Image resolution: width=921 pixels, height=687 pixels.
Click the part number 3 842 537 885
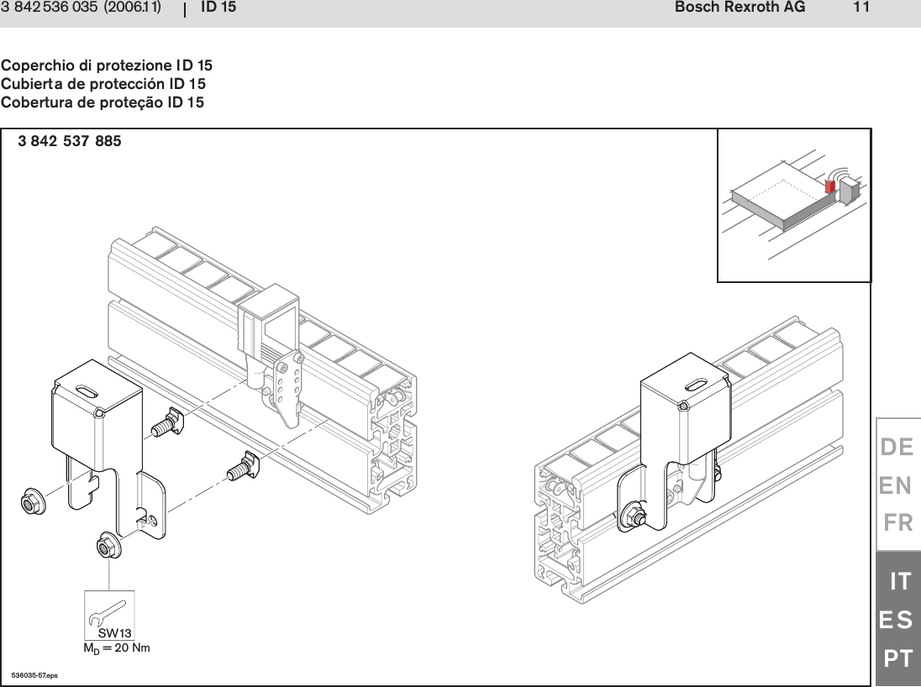click(x=70, y=142)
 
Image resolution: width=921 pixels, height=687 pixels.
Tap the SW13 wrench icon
click(x=110, y=615)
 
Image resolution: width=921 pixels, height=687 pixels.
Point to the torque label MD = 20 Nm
click(x=116, y=648)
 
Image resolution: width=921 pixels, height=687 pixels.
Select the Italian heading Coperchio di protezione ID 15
click(x=107, y=66)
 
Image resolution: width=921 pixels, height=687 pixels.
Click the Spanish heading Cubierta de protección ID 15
click(x=103, y=84)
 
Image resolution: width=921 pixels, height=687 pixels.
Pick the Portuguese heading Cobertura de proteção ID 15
click(x=103, y=102)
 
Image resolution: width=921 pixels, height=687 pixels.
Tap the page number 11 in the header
click(x=860, y=8)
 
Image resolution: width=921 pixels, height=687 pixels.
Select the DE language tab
click(x=897, y=448)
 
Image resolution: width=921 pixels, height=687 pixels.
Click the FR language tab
click(x=898, y=524)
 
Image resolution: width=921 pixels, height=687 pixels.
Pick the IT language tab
click(x=900, y=580)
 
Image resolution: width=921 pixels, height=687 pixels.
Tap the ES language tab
click(x=897, y=621)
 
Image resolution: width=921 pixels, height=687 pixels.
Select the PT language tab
click(x=898, y=659)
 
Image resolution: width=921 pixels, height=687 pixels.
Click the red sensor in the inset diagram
click(x=831, y=186)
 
